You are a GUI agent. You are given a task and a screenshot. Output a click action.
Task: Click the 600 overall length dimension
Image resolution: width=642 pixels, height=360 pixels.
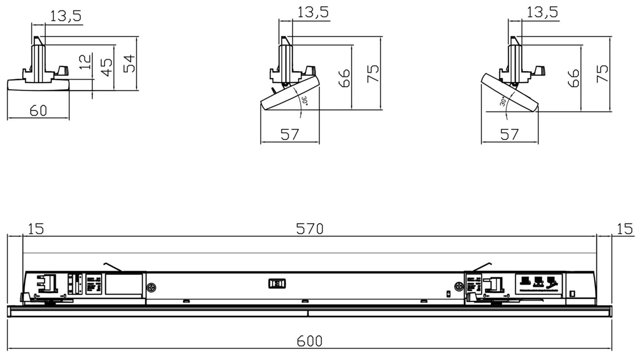pyautogui.click(x=309, y=341)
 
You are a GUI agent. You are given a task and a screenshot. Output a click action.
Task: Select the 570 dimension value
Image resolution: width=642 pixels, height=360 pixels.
pyautogui.click(x=310, y=229)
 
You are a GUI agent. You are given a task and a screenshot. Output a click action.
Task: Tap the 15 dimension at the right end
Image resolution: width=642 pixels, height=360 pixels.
pyautogui.click(x=624, y=229)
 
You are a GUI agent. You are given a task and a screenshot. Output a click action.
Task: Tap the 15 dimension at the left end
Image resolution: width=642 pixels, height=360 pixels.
pyautogui.click(x=36, y=229)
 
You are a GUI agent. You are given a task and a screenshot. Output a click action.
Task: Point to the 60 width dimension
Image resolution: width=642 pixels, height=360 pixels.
pyautogui.click(x=38, y=110)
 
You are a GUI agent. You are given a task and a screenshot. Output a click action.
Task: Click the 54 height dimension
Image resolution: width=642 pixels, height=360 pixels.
pyautogui.click(x=129, y=63)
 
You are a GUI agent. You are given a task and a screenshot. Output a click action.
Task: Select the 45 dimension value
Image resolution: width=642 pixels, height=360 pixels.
pyautogui.click(x=107, y=67)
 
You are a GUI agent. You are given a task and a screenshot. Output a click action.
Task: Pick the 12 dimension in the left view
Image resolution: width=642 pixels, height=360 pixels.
pyautogui.click(x=86, y=61)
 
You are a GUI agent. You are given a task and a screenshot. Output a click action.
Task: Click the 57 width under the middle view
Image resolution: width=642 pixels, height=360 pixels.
pyautogui.click(x=290, y=134)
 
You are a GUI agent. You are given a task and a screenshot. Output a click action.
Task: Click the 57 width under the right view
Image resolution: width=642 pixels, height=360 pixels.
pyautogui.click(x=509, y=134)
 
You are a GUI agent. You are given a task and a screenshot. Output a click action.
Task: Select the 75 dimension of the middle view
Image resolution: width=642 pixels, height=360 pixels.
pyautogui.click(x=373, y=73)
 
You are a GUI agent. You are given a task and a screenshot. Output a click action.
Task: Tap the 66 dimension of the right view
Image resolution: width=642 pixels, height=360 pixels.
pyautogui.click(x=574, y=78)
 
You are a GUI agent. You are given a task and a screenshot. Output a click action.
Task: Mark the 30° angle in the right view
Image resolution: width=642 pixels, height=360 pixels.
pyautogui.click(x=503, y=102)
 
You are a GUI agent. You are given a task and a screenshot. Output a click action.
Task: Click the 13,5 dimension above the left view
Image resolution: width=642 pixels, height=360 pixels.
pyautogui.click(x=66, y=16)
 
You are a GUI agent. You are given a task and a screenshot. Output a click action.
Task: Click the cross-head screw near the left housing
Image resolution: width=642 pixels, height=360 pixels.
pyautogui.click(x=151, y=288)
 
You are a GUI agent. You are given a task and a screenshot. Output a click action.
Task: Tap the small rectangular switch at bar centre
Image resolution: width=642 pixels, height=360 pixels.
pyautogui.click(x=277, y=283)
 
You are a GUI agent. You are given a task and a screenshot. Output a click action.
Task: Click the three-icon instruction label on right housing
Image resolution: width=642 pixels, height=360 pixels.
pyautogui.click(x=538, y=283)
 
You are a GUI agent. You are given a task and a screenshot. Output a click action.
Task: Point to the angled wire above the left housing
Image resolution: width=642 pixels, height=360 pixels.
pyautogui.click(x=113, y=266)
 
